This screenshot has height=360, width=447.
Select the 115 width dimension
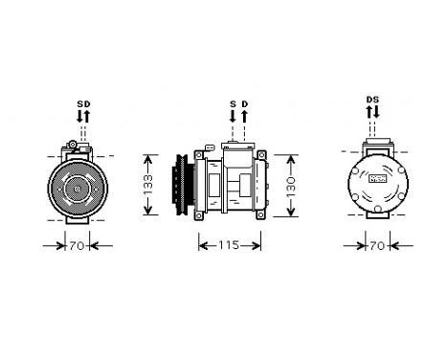point(230,246)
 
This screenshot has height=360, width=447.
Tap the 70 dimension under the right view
point(377,246)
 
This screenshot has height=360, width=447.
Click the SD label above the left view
point(83,103)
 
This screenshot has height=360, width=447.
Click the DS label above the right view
point(372,100)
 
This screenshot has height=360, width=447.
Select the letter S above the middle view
point(232,103)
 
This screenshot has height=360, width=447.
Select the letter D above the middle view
point(244,103)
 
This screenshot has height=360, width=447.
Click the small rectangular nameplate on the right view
point(378,178)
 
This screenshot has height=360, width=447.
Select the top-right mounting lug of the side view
point(260,156)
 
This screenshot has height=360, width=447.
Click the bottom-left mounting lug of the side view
point(199,215)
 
